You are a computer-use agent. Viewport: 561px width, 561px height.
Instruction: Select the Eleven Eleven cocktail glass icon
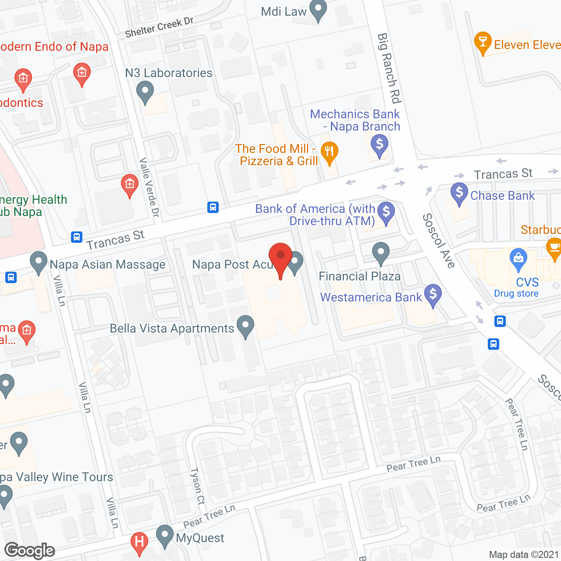coord(483,43)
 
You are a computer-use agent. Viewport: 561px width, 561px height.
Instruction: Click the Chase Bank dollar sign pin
coord(459,193)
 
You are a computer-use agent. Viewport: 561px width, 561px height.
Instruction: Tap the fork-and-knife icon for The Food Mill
coord(329,152)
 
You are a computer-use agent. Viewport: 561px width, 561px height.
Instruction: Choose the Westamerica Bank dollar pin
coord(433,294)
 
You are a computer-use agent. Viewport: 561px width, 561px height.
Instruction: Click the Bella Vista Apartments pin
coord(245,326)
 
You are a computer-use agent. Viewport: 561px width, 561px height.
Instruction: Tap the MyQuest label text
coord(200,538)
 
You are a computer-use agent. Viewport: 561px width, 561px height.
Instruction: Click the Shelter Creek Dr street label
coord(159,27)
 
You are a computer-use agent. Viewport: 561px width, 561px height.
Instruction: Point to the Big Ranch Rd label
coord(389,68)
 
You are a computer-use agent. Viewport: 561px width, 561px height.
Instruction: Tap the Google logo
coord(30,550)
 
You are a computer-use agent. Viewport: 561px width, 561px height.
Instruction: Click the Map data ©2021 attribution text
coord(524,555)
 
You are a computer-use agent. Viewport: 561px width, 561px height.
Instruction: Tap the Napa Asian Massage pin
coord(39,262)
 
